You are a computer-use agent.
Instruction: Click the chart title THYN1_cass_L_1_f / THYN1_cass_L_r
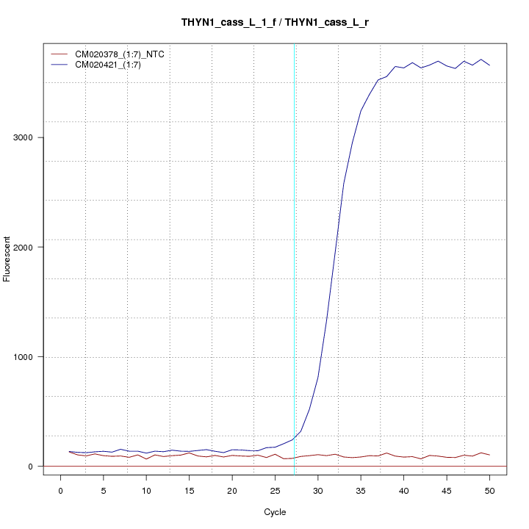pyautogui.click(x=275, y=22)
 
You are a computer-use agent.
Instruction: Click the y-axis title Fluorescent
pyautogui.click(x=8, y=259)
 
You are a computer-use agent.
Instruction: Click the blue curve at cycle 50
pyautogui.click(x=489, y=65)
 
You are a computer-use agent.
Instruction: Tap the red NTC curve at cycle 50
pyautogui.click(x=489, y=455)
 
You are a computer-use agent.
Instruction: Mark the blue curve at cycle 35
pyautogui.click(x=361, y=111)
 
